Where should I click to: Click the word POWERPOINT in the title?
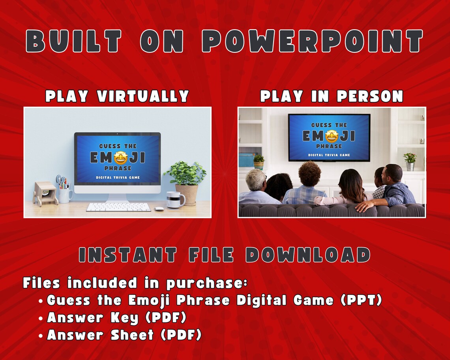click(x=312, y=41)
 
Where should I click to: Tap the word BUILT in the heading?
click(x=73, y=41)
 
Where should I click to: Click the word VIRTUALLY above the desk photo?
click(x=142, y=96)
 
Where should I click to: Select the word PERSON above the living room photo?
click(x=370, y=96)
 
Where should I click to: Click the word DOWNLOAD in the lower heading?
click(x=308, y=254)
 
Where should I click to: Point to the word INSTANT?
click(x=128, y=254)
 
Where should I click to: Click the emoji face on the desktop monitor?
click(x=120, y=157)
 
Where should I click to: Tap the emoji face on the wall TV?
click(x=332, y=136)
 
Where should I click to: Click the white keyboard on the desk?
click(x=118, y=207)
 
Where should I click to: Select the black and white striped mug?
click(x=175, y=199)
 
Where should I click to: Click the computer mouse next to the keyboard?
click(x=159, y=209)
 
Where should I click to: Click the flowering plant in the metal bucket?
click(x=410, y=161)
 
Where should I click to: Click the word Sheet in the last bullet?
click(x=132, y=335)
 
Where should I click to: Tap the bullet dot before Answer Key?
click(x=41, y=319)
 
